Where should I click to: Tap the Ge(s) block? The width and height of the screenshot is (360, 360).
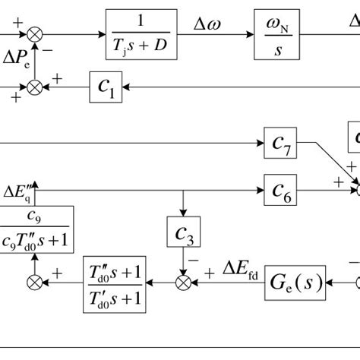[295, 283]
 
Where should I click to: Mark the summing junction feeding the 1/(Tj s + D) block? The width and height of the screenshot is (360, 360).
[34, 34]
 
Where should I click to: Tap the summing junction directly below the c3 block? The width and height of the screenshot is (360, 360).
[183, 283]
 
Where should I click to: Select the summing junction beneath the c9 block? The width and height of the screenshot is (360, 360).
[34, 283]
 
